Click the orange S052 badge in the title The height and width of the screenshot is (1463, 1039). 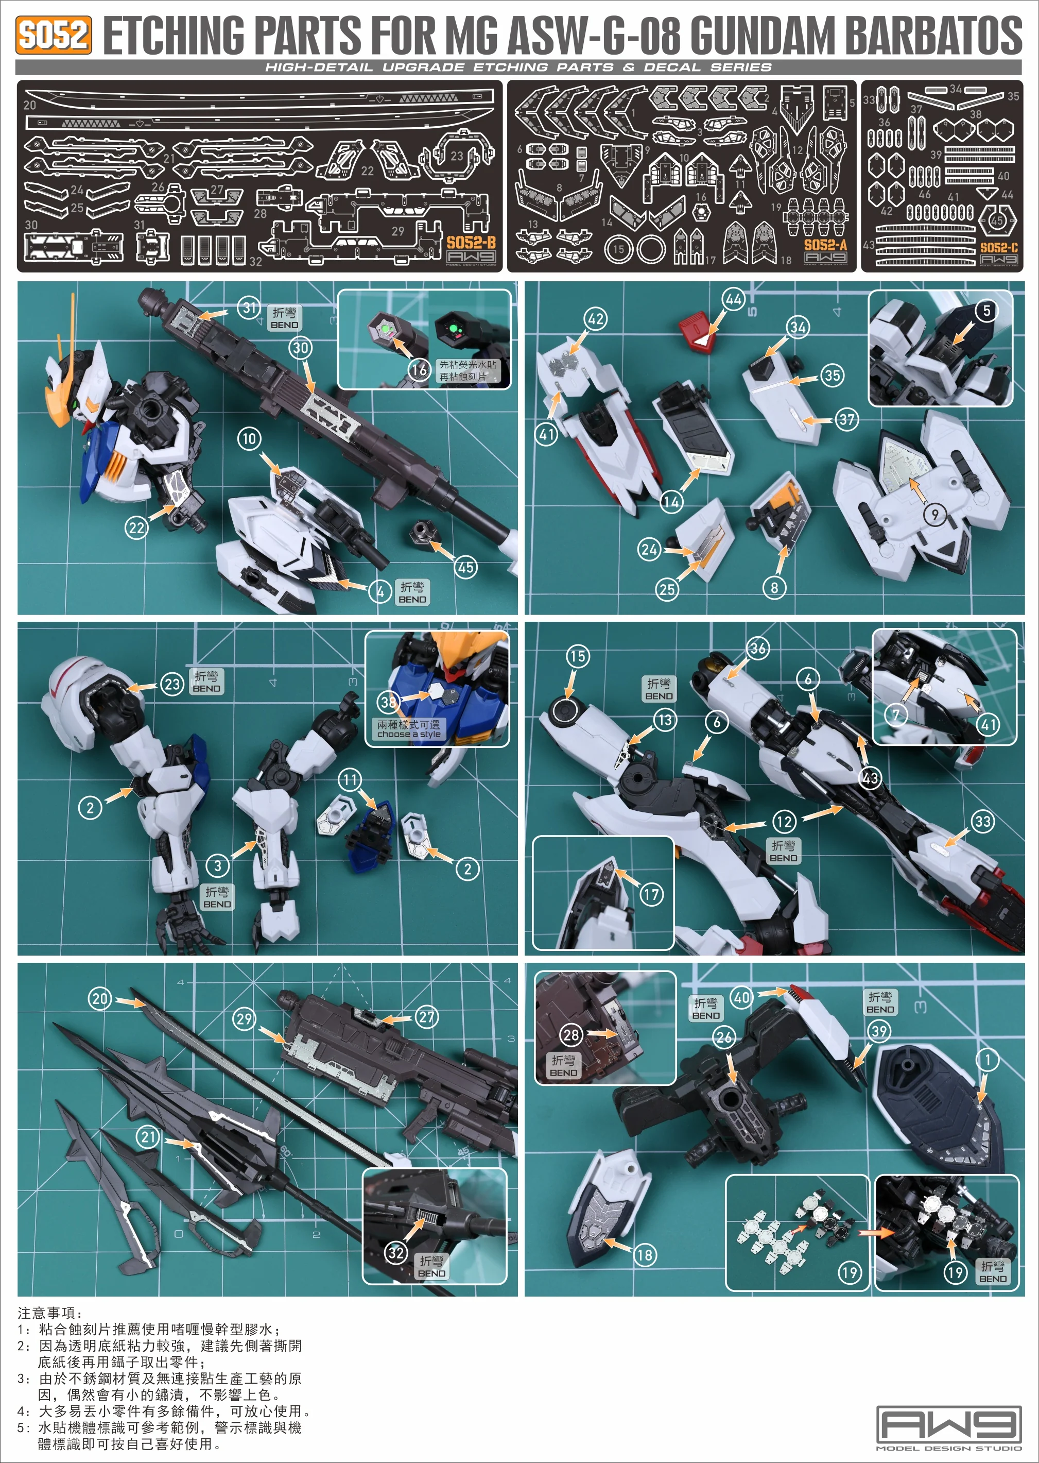[x=53, y=35]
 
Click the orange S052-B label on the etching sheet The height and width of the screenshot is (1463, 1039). [x=471, y=242]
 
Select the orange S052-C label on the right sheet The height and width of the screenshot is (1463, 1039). [x=999, y=248]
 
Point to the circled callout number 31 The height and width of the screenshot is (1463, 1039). [x=249, y=308]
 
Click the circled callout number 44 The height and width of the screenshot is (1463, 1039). [x=734, y=299]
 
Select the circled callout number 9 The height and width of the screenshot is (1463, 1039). [x=934, y=515]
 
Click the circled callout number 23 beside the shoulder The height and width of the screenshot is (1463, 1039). [x=172, y=684]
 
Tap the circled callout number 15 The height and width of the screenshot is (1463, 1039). [x=577, y=656]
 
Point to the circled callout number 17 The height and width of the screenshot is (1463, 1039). [x=651, y=894]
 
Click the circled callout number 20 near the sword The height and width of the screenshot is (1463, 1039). [x=100, y=998]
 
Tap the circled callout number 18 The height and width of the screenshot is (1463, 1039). [x=644, y=1254]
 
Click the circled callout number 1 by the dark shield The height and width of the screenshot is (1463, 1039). [x=987, y=1059]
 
